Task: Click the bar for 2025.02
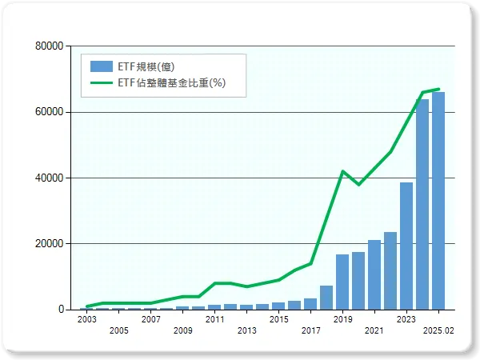[x=438, y=201]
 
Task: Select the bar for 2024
[x=422, y=204]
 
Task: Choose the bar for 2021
[x=374, y=274]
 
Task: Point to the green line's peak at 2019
[x=342, y=171]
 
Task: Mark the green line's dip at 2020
[x=358, y=185]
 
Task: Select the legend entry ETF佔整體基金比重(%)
[x=167, y=82]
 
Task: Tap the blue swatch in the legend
[x=102, y=66]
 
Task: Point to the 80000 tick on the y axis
[x=50, y=46]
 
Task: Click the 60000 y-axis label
[x=50, y=112]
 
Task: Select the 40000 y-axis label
[x=50, y=178]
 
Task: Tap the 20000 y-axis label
[x=50, y=243]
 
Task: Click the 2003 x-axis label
[x=86, y=319]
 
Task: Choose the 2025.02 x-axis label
[x=438, y=330]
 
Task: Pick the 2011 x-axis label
[x=214, y=319]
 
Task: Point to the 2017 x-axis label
[x=310, y=330]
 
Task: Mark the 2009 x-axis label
[x=182, y=330]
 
